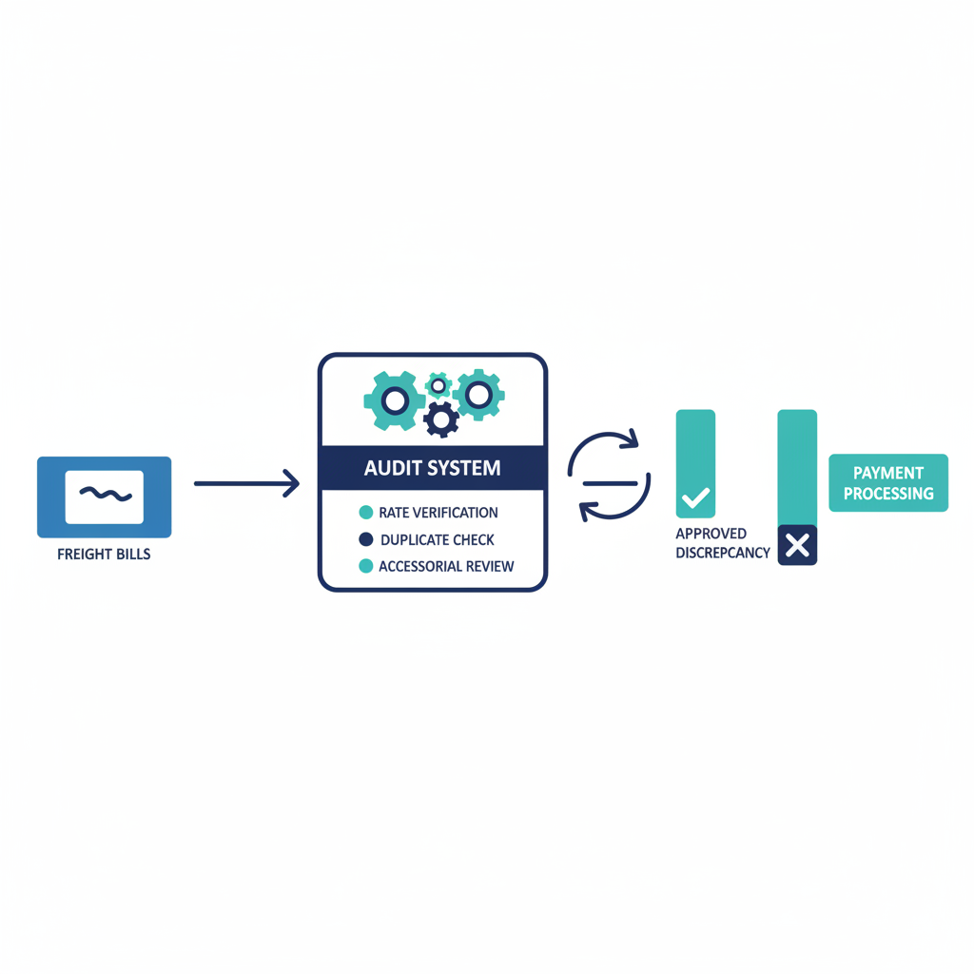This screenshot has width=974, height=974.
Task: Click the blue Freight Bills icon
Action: coord(104,497)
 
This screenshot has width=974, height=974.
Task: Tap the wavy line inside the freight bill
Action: coord(104,493)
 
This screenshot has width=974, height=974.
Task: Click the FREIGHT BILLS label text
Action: coord(104,554)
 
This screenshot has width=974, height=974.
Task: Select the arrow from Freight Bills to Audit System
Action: coord(246,484)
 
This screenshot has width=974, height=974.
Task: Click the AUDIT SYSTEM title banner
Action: coord(433,468)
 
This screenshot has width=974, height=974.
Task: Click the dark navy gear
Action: coord(441,419)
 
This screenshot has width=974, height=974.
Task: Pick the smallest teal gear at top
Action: coord(438,384)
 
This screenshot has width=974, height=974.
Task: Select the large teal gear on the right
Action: coord(477,394)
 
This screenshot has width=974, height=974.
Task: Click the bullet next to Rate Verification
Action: coord(365,513)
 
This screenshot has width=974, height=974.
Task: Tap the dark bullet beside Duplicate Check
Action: coord(365,539)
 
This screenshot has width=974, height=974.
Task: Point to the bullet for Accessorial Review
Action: coord(365,566)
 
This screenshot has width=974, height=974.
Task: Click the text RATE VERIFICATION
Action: coord(438,513)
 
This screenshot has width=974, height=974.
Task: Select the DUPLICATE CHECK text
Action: coord(438,539)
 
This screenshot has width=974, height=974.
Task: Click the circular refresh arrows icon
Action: coord(609,477)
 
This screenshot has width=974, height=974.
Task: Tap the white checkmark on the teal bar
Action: coord(695,497)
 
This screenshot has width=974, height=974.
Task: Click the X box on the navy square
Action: coord(797,545)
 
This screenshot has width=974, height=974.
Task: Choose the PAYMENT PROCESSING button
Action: coord(888,483)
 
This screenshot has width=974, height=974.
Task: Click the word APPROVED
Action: coord(711,534)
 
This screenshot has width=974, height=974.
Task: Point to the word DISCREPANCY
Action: coord(723,553)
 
